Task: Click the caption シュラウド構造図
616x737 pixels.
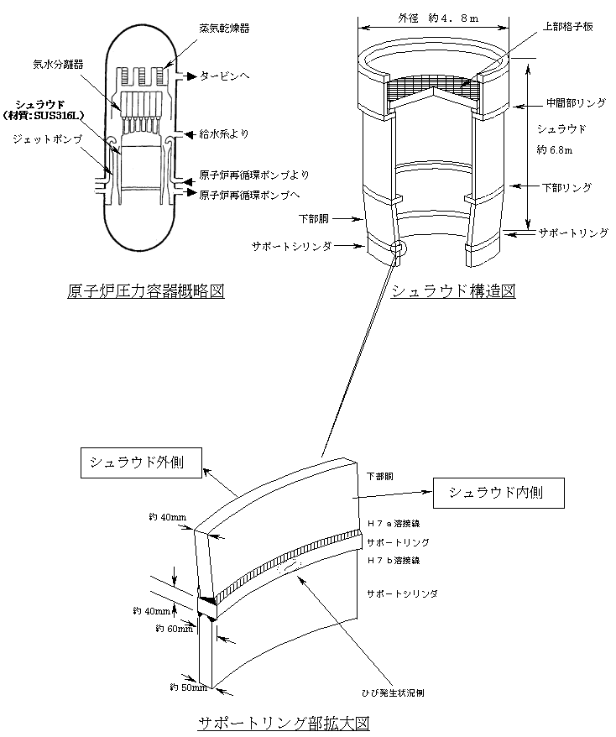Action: [x=452, y=291]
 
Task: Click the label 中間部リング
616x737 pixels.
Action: [x=575, y=103]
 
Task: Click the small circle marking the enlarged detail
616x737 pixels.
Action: [x=398, y=248]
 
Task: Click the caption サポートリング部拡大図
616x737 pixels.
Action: [x=284, y=724]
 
